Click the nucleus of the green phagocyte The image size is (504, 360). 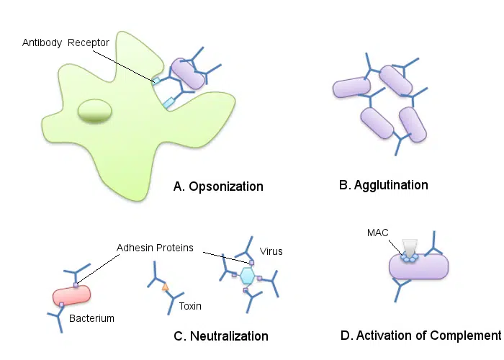(95, 111)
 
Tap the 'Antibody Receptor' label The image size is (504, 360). (66, 42)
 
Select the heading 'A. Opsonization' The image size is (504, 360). (218, 186)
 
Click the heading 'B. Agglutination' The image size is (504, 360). (384, 185)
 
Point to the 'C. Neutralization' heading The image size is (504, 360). (221, 336)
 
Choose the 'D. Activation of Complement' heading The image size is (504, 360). (420, 336)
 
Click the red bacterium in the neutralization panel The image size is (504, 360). (72, 295)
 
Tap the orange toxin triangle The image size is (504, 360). (165, 287)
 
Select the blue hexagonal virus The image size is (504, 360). (247, 276)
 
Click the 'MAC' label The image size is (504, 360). (378, 233)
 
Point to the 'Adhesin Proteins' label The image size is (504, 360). (155, 248)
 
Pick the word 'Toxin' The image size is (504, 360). (190, 306)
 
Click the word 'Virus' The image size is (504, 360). (271, 251)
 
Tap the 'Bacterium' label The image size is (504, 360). (91, 318)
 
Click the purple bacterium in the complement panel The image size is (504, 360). (419, 266)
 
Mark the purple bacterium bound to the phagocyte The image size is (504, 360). (188, 73)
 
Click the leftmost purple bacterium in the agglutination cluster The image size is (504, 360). (351, 87)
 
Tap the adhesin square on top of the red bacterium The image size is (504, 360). (76, 285)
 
